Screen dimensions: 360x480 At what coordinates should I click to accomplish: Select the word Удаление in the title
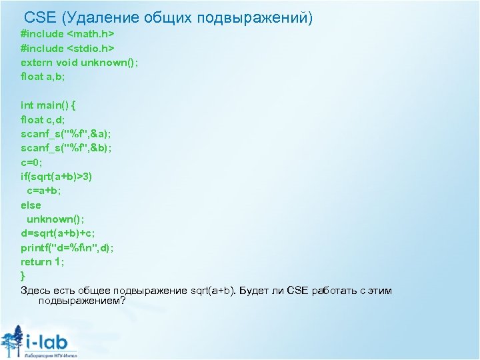pyautogui.click(x=97, y=17)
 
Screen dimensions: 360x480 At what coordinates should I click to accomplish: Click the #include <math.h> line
pyautogui.click(x=67, y=33)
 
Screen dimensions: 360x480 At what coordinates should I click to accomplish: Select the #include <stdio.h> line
pyautogui.click(x=67, y=48)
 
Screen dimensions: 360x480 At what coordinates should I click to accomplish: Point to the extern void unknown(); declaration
pyautogui.click(x=79, y=63)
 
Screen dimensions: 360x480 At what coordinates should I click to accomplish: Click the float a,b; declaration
pyautogui.click(x=43, y=77)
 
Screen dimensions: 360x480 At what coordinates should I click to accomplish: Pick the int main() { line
pyautogui.click(x=49, y=105)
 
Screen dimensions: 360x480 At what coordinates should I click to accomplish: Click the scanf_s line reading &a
pyautogui.click(x=67, y=134)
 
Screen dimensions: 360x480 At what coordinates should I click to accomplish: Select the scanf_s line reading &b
pyautogui.click(x=67, y=148)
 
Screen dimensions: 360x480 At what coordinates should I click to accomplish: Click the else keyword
pyautogui.click(x=31, y=205)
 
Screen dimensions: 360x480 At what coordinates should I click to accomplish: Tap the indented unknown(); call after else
pyautogui.click(x=56, y=219)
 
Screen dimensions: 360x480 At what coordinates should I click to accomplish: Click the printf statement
pyautogui.click(x=67, y=248)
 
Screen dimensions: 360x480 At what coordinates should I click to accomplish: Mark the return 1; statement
pyautogui.click(x=43, y=262)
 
